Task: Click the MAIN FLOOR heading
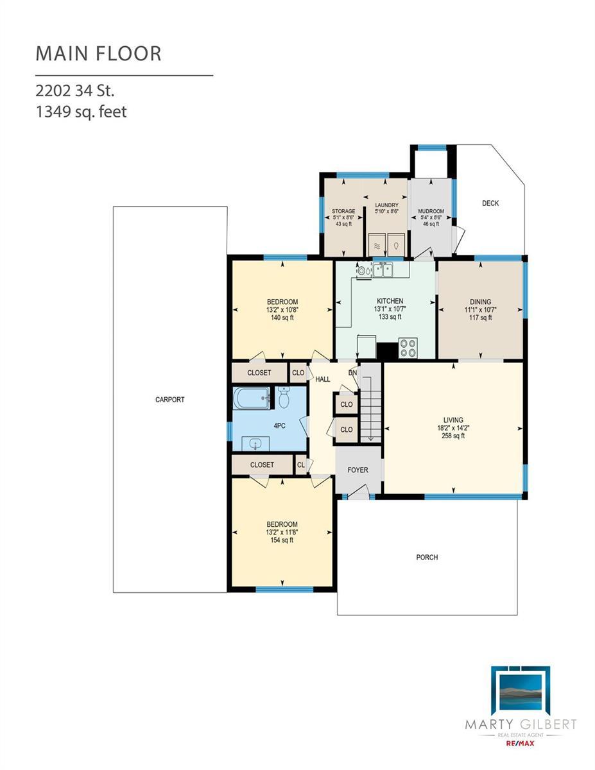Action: [98, 53]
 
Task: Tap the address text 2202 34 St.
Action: [74, 91]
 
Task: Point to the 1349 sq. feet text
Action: [81, 112]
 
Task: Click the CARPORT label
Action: [169, 400]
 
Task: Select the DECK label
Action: [490, 203]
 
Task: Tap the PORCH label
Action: [427, 558]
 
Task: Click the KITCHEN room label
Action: [390, 301]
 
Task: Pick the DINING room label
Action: [481, 302]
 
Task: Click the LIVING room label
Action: [453, 420]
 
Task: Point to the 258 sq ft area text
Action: [453, 436]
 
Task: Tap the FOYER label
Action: [358, 470]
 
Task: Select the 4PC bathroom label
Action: [280, 426]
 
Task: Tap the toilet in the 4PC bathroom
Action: [284, 398]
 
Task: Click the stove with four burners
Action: [408, 348]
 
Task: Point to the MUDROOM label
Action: [431, 211]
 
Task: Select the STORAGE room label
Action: [343, 211]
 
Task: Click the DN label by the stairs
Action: [352, 373]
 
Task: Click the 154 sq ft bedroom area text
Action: [282, 540]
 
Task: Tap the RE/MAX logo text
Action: [521, 744]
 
